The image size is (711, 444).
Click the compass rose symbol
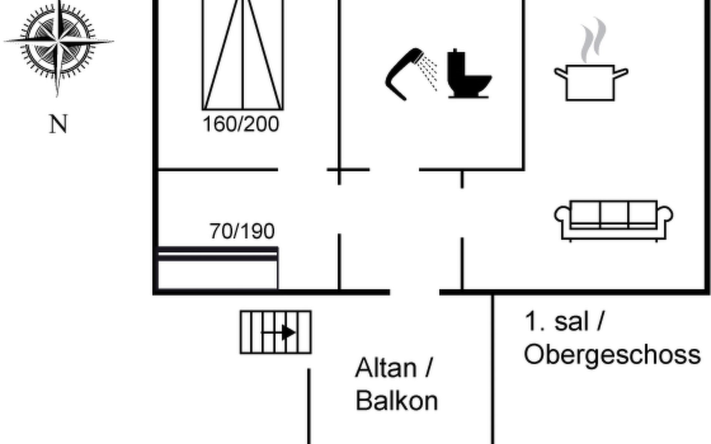(58, 41)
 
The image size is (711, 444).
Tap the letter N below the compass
(59, 124)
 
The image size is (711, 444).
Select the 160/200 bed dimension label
(241, 124)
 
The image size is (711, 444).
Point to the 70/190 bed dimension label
(242, 231)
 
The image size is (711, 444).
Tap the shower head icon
(411, 74)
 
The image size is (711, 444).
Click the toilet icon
(469, 74)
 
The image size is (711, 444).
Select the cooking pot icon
(591, 83)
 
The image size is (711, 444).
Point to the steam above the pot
(594, 40)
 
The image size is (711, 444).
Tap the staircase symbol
(276, 332)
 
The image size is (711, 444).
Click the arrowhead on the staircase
(289, 332)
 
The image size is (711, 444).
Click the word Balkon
(397, 400)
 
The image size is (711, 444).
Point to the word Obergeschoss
(612, 355)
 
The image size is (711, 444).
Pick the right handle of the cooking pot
(621, 73)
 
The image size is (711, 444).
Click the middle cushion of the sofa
(614, 213)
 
